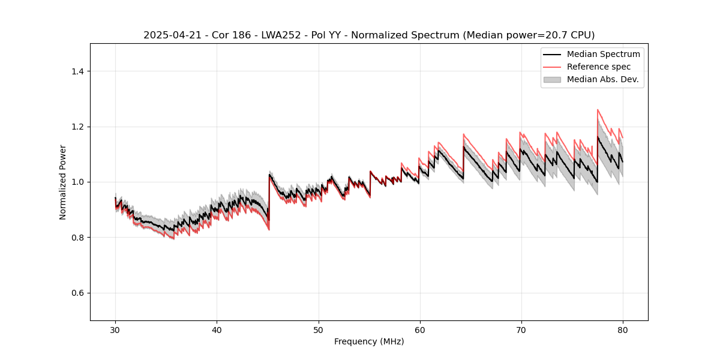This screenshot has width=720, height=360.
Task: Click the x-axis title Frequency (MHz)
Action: [x=369, y=341]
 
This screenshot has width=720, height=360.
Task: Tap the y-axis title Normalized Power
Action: [x=63, y=182]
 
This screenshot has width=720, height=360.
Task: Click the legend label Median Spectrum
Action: [x=603, y=54]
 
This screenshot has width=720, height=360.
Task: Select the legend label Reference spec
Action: [x=599, y=67]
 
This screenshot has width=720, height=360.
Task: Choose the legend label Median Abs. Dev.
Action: [x=602, y=79]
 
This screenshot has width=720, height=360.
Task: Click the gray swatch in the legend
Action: [x=552, y=79]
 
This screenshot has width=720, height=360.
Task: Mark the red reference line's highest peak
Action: [x=598, y=110]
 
